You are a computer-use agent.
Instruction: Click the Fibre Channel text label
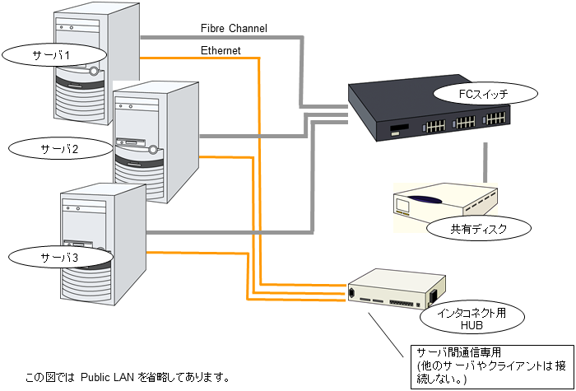click(234, 29)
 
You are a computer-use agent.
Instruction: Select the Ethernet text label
click(221, 51)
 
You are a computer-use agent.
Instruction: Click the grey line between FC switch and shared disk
click(486, 161)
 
